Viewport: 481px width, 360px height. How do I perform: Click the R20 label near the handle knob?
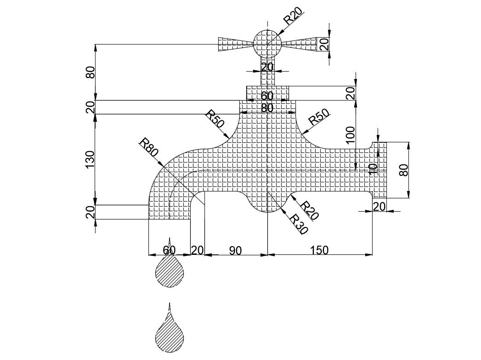pos(293,15)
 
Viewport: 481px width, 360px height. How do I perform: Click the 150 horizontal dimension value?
pos(319,250)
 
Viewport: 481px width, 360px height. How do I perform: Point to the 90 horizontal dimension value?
pos(235,250)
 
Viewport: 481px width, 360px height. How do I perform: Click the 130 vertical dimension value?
pos(90,159)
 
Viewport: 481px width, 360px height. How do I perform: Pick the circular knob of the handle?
pos(267,43)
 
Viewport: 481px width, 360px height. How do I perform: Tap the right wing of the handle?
pos(300,44)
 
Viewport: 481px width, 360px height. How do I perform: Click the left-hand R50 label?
pos(215,118)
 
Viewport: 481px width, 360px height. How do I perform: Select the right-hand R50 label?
pos(319,118)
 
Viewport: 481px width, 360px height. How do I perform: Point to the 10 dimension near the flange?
pos(373,168)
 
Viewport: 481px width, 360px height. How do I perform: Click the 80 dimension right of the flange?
pos(403,170)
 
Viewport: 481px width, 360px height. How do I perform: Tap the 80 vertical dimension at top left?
pos(90,72)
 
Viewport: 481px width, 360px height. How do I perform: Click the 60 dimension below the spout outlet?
pos(169,250)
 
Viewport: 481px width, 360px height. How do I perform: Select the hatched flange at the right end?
pos(379,170)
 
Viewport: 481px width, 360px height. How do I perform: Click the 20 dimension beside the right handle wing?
pos(324,45)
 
